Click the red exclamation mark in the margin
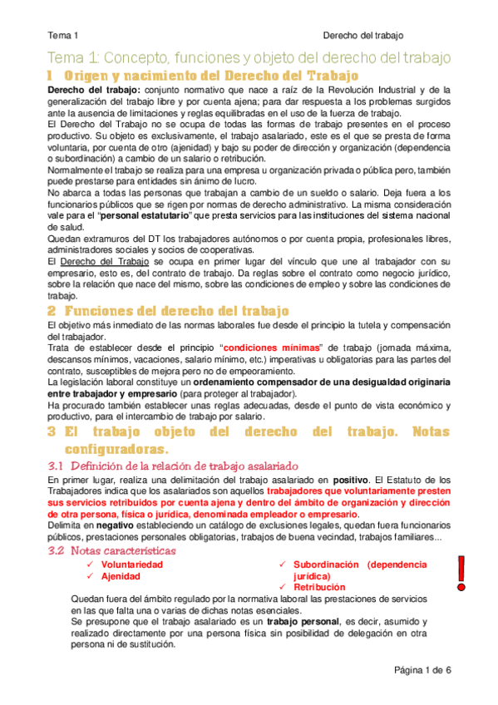pos(462,573)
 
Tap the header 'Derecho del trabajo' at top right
pos(362,36)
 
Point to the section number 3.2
pos(56,550)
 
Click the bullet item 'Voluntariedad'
pos(131,564)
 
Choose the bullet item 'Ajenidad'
pos(121,576)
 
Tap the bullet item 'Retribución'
pos(320,588)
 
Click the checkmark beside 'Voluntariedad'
pos(90,564)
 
